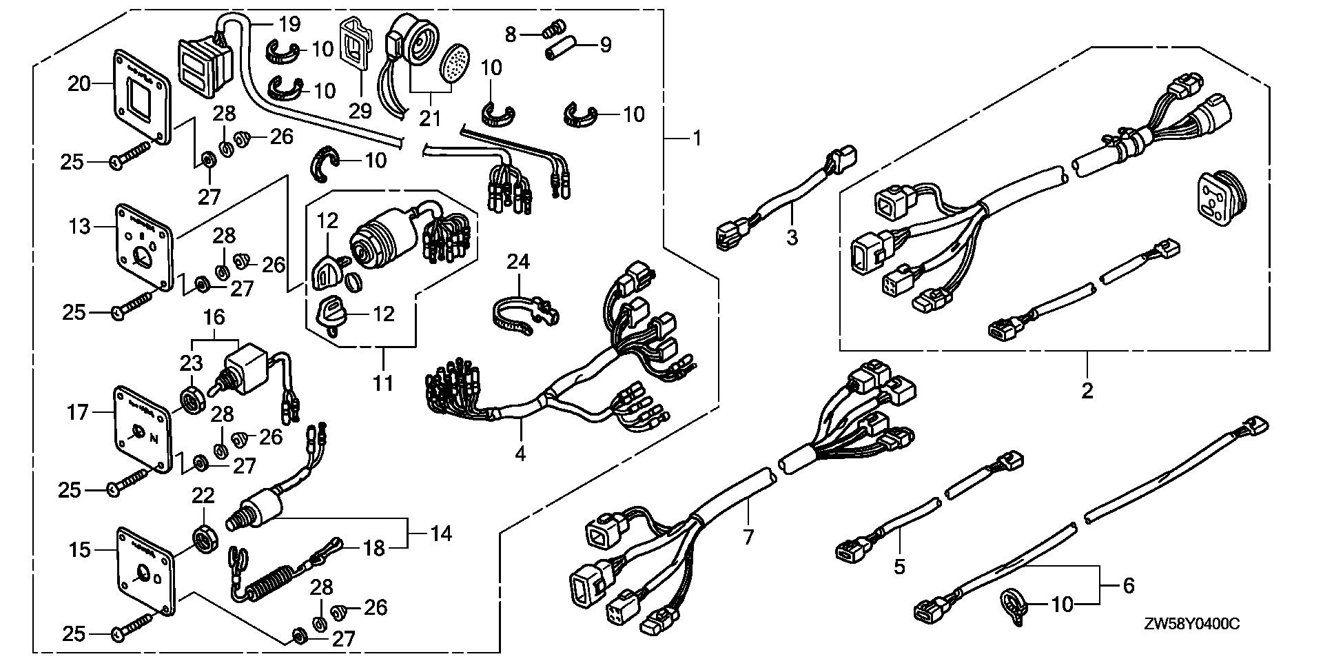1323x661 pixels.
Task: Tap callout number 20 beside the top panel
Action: [x=79, y=85]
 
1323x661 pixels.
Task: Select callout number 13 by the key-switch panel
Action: [x=81, y=225]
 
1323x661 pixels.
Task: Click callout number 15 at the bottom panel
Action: [x=80, y=549]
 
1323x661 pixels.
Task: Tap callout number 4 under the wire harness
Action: [x=520, y=454]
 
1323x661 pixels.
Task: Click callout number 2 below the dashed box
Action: [x=1087, y=391]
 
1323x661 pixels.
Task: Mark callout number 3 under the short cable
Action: [x=792, y=238]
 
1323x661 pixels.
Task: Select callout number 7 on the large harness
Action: [x=749, y=536]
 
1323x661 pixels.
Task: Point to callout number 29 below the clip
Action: [x=360, y=110]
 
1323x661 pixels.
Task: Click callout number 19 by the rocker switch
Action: [x=290, y=26]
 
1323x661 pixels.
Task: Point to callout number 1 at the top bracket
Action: [x=697, y=139]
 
